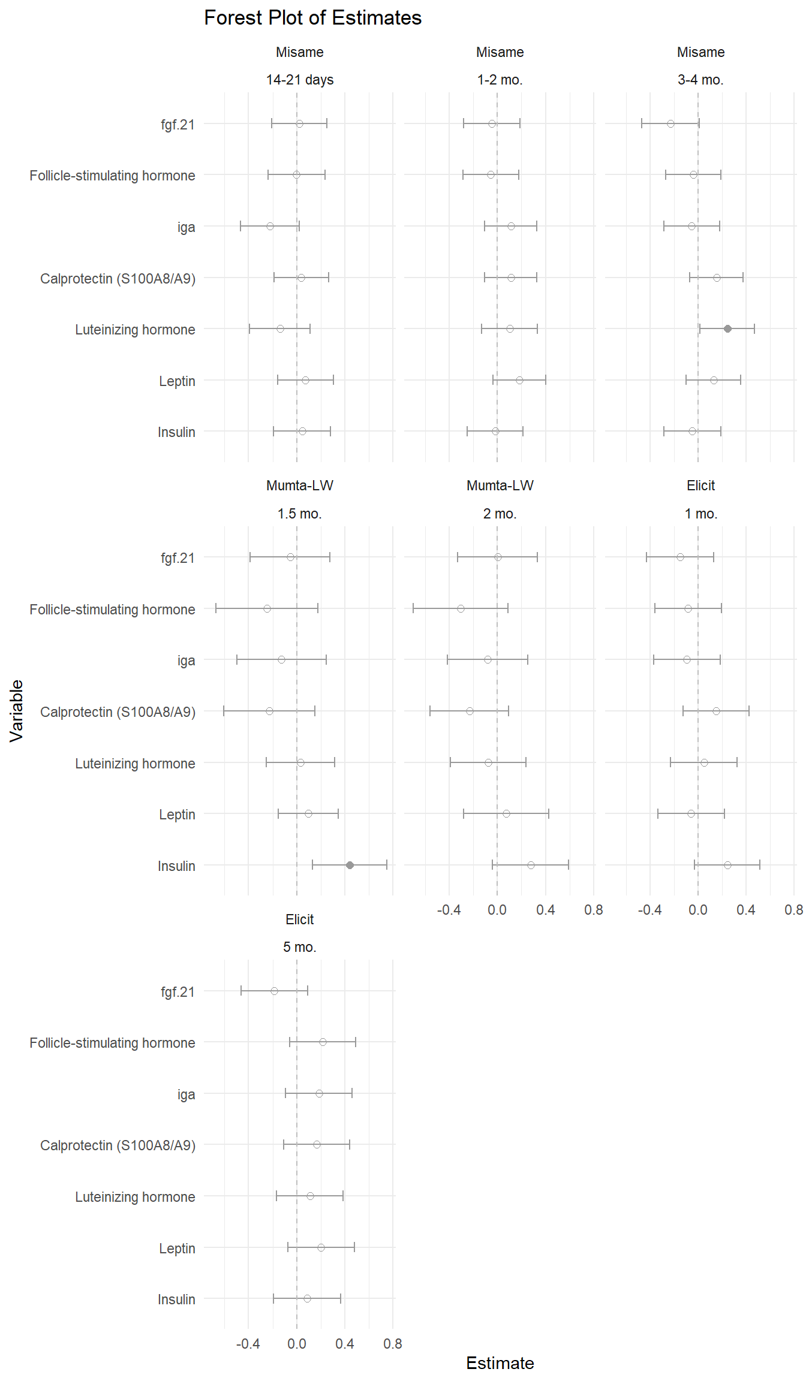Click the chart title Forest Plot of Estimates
tap(312, 18)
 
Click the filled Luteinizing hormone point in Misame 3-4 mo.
tap(727, 328)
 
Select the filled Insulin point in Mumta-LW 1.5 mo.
tap(350, 865)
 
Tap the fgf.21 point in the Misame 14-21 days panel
tap(299, 123)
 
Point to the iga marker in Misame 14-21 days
tap(270, 226)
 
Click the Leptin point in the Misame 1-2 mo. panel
tap(519, 380)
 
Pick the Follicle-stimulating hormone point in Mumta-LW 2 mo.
tap(461, 608)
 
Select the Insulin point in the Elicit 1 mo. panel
tap(727, 865)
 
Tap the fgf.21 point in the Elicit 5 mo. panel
tap(274, 991)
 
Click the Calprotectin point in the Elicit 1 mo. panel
tap(716, 711)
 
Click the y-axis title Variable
tap(16, 711)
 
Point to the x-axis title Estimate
tap(500, 1363)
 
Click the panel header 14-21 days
tap(300, 80)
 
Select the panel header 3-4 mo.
tap(700, 80)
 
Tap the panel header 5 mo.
tap(300, 947)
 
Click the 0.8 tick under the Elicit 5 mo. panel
tap(393, 1343)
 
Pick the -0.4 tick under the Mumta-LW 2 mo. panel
tap(449, 910)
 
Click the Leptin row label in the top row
tap(177, 381)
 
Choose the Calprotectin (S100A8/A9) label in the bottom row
tap(118, 1145)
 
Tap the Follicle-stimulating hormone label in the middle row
tap(112, 610)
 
